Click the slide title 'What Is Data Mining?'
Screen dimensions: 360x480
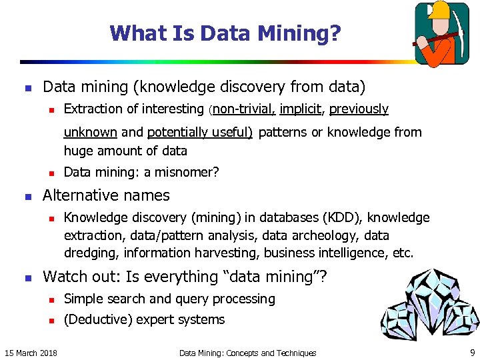pyautogui.click(x=225, y=33)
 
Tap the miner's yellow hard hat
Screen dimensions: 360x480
pyautogui.click(x=441, y=9)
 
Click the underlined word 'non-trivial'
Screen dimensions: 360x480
pyautogui.click(x=243, y=109)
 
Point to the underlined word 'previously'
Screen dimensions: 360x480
pyautogui.click(x=359, y=109)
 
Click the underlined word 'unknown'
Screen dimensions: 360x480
pyautogui.click(x=90, y=132)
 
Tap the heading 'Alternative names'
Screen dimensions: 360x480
pyautogui.click(x=106, y=195)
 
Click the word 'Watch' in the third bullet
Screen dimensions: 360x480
pyautogui.click(x=64, y=277)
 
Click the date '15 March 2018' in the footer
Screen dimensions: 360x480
pyautogui.click(x=31, y=353)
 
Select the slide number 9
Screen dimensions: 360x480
pyautogui.click(x=472, y=353)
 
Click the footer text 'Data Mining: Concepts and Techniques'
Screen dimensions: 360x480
pyautogui.click(x=247, y=353)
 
